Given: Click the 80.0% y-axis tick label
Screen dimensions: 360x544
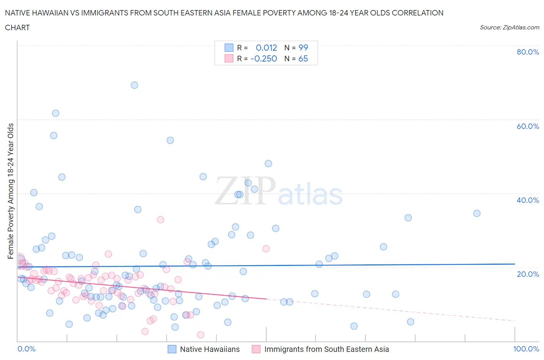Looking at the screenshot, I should click(528, 52).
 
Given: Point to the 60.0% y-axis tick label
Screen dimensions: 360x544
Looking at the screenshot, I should click(528, 126).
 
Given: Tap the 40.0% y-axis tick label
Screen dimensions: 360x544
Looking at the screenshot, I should click(528, 200).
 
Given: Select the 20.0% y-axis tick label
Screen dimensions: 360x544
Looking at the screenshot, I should click(528, 274).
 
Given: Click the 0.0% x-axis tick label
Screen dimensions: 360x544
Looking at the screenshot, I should click(26, 349).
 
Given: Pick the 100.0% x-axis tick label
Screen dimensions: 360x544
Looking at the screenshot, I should click(526, 349).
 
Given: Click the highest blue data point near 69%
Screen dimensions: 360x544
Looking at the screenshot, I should click(134, 85).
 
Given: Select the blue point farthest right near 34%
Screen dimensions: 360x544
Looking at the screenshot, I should click(477, 213).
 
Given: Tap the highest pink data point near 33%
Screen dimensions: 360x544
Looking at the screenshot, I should click(161, 219).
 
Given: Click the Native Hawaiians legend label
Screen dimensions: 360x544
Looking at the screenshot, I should click(210, 349).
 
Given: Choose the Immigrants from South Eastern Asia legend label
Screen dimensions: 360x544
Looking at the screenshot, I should click(327, 349).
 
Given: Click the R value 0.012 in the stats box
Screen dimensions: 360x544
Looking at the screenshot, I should click(266, 48).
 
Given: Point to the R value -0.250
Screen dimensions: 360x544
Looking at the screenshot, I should click(263, 58).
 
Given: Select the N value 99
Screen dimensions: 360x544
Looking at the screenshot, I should click(303, 48).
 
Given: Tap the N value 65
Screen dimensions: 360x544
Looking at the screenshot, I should click(303, 58).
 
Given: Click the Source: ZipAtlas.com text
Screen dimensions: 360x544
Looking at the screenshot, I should click(509, 27).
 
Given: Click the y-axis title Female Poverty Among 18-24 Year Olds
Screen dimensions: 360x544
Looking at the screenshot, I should click(11, 191).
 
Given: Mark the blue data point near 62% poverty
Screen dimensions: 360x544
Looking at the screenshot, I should click(55, 113).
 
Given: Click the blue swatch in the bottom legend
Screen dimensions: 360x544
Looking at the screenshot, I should click(172, 349).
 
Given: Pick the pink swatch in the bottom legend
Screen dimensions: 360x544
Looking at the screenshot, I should click(256, 349).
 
